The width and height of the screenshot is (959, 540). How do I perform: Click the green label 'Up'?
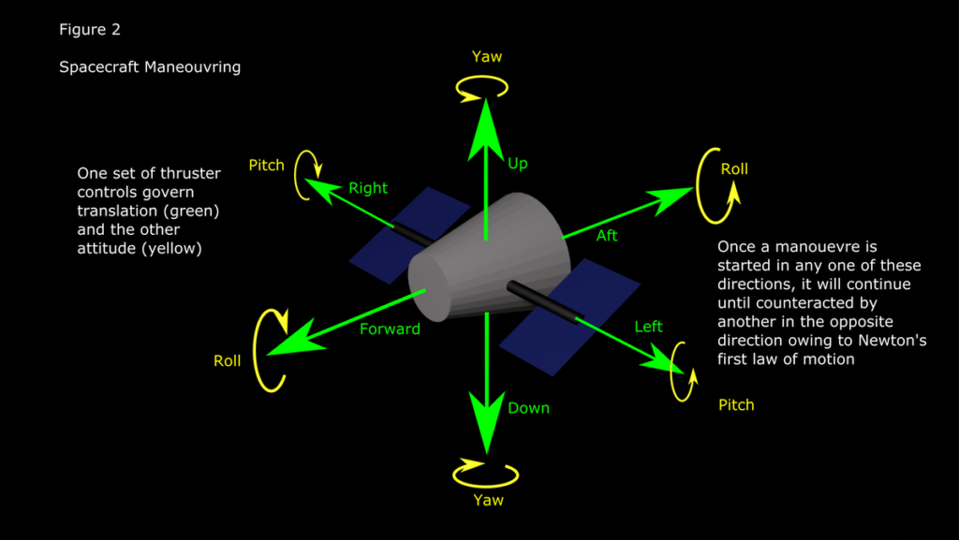point(518,164)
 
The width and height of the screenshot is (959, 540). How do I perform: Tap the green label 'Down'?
point(528,408)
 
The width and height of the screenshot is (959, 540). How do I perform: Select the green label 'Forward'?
point(390,328)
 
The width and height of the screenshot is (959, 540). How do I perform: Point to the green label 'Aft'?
point(607,236)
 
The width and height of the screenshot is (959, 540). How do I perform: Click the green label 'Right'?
point(368,188)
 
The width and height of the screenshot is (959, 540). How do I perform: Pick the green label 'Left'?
point(648,327)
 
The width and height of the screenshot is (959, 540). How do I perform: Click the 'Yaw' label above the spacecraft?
point(487,57)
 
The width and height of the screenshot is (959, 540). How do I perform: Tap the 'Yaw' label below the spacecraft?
point(488,501)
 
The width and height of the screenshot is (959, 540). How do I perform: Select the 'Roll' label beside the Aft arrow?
point(734,169)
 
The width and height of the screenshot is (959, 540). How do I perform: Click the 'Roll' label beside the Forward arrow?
point(227,361)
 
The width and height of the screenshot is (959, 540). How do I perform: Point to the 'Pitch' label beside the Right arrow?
point(266,166)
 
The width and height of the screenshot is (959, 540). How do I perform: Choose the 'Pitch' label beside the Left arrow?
point(735,405)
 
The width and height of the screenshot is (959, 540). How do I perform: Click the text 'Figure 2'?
point(90,29)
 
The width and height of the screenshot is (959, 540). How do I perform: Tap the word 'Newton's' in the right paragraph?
point(891,342)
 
